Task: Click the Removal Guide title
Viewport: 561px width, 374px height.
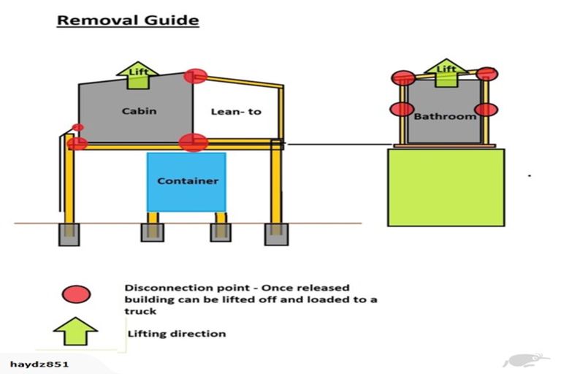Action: pyautogui.click(x=128, y=20)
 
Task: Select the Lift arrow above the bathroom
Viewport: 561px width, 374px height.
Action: pyautogui.click(x=446, y=71)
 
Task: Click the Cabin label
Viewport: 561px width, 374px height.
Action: pyautogui.click(x=139, y=111)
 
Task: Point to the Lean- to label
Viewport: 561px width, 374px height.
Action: pyautogui.click(x=235, y=112)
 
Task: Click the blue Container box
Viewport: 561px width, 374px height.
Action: pyautogui.click(x=187, y=181)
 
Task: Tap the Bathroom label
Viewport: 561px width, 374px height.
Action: pyautogui.click(x=445, y=116)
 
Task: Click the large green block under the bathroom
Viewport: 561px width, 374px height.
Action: pyautogui.click(x=446, y=188)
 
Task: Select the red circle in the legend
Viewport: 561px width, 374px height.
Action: pyautogui.click(x=77, y=294)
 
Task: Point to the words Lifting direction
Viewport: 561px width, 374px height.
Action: pyautogui.click(x=177, y=334)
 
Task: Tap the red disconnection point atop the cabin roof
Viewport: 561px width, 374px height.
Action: pyautogui.click(x=195, y=75)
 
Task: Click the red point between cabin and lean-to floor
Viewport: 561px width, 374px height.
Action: pyautogui.click(x=193, y=142)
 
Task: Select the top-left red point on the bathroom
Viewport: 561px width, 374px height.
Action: pyautogui.click(x=402, y=77)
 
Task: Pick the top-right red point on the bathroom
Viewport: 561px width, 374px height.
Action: pyautogui.click(x=487, y=73)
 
